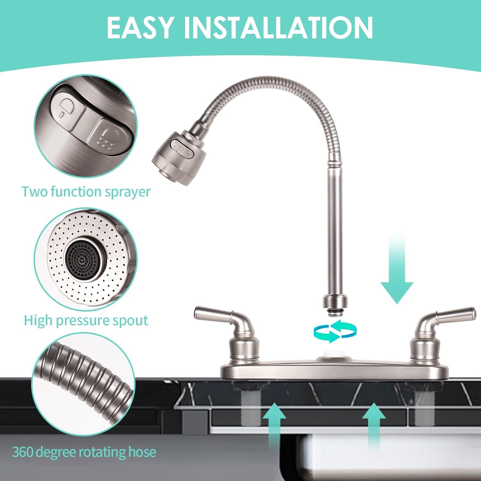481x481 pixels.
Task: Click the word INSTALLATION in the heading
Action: point(278,28)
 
